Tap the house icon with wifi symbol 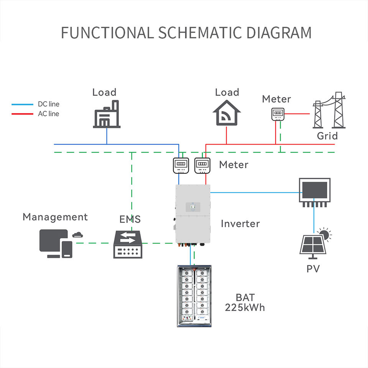coord(227,113)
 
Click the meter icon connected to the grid coord(276,114)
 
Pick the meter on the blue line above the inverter coord(180,164)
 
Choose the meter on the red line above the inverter coord(202,164)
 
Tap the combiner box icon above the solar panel coord(314,190)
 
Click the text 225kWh coord(245,307)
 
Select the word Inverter coord(240,223)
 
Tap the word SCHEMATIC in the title coord(200,33)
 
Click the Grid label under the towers coord(327,136)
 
